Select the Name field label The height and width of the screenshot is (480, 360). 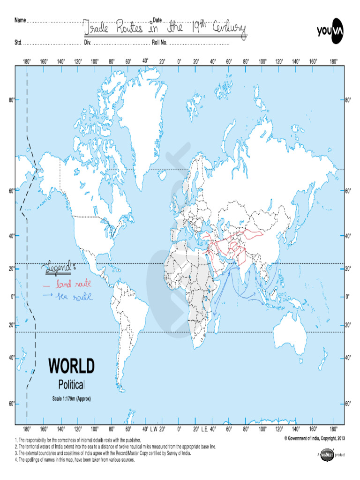click(x=20, y=20)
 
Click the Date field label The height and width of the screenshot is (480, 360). click(x=157, y=20)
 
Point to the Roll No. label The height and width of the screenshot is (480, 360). click(x=159, y=43)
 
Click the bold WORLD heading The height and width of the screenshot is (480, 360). click(x=72, y=366)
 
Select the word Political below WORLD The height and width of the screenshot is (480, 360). click(x=71, y=385)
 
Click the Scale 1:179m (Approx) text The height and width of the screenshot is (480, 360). click(x=71, y=399)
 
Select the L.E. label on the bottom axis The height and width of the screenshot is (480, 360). click(x=205, y=429)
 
